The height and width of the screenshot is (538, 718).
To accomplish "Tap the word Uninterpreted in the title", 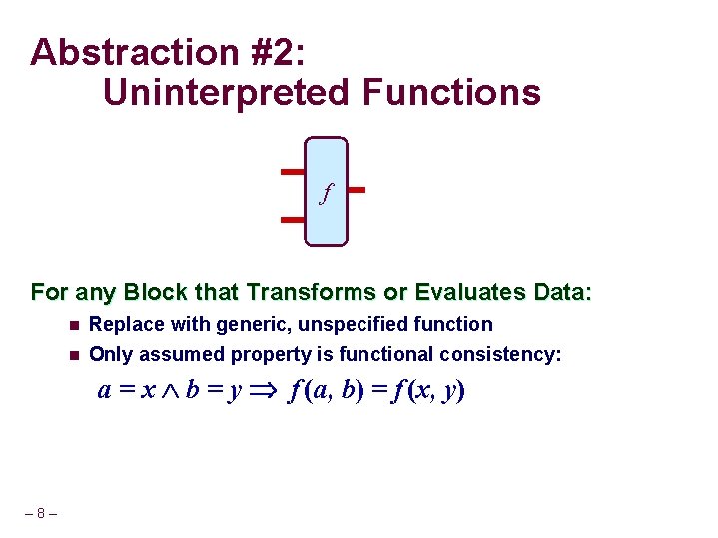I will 226,93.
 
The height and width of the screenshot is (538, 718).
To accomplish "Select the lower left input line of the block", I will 292,218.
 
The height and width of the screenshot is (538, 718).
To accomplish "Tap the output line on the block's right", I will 357,189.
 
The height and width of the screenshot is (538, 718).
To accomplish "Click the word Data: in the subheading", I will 562,293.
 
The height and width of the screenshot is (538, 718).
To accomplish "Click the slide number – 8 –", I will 40,514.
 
